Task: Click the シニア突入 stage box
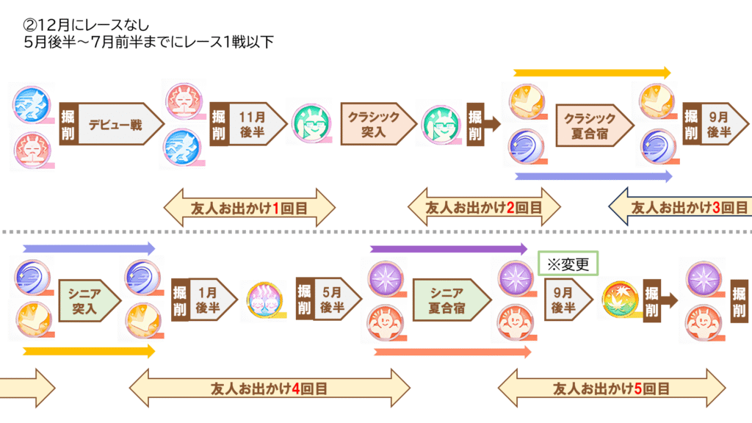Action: coord(87,300)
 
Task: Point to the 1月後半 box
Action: coord(211,300)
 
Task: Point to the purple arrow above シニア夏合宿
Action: coord(449,249)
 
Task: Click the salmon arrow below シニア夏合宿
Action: coord(452,352)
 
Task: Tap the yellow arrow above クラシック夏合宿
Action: coord(592,73)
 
